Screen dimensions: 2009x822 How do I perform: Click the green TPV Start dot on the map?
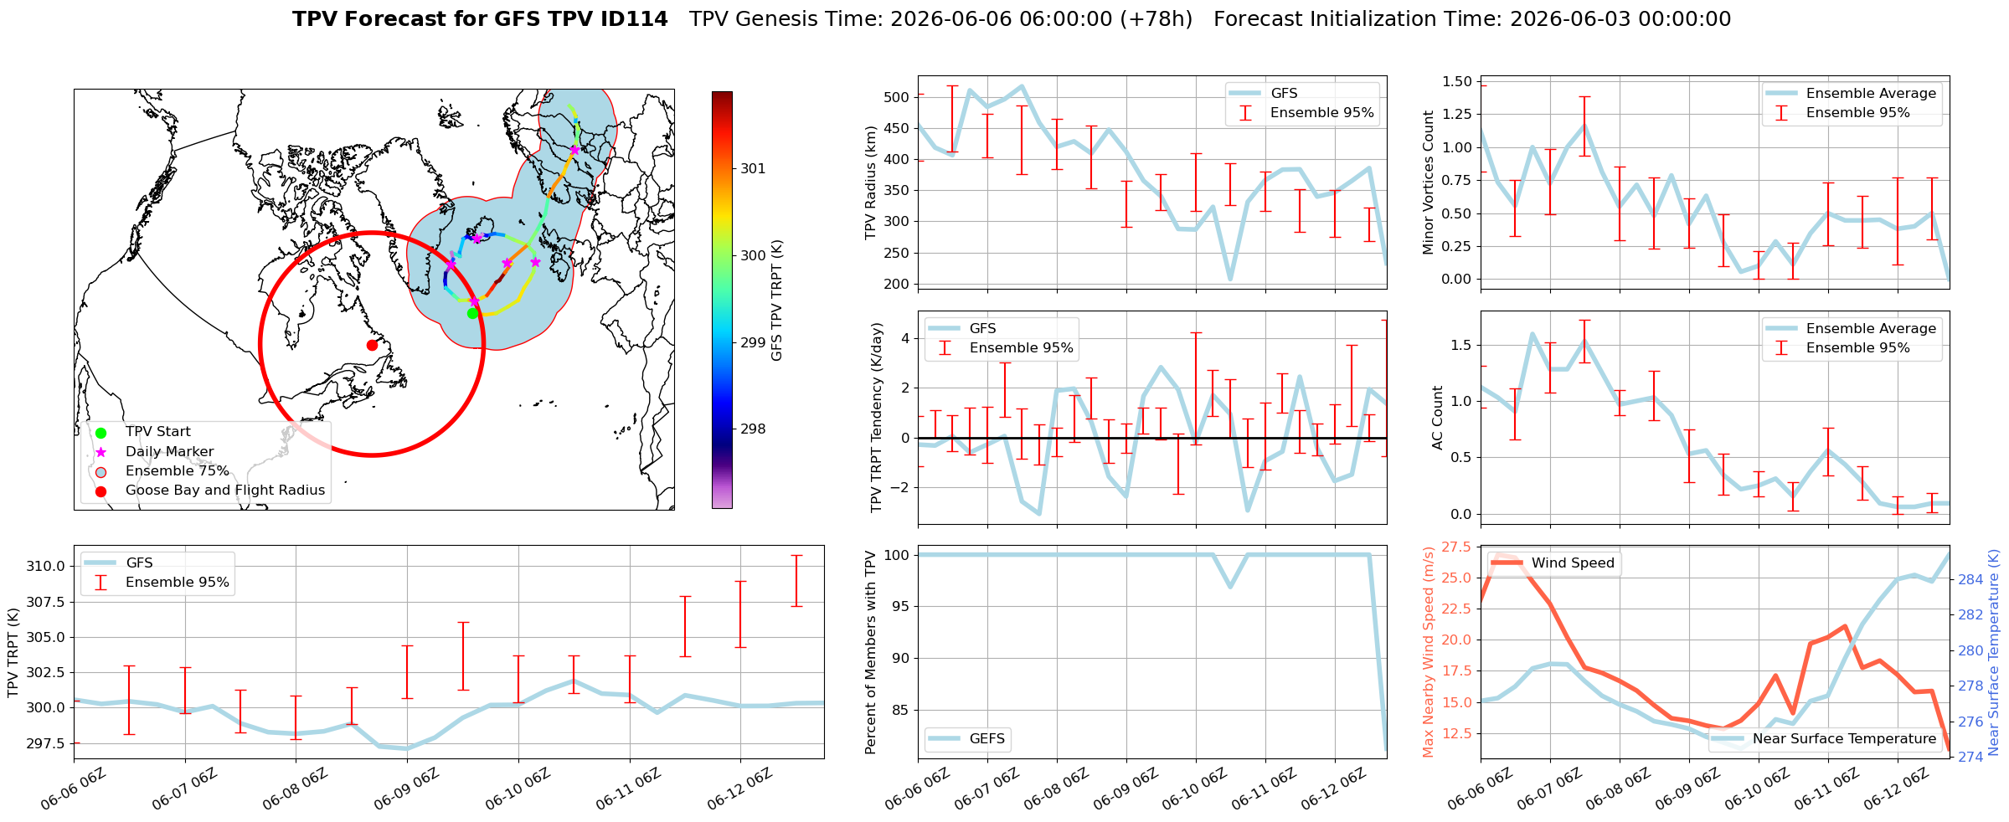point(472,313)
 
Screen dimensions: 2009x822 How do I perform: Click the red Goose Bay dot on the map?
point(372,345)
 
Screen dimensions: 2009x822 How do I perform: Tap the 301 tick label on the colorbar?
point(753,168)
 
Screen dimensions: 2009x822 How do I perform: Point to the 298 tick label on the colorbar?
point(753,429)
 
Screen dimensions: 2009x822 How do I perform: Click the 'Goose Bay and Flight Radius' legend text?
point(225,490)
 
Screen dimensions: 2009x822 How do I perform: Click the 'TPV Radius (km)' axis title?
point(871,182)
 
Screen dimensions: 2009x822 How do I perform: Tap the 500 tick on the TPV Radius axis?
point(896,97)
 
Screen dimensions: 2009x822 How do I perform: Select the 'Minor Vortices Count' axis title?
point(1429,182)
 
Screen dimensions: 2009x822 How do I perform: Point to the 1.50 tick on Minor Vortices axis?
point(1457,81)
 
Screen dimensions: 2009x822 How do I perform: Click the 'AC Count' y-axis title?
point(1438,418)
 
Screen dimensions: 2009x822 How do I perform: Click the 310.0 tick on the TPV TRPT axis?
point(47,566)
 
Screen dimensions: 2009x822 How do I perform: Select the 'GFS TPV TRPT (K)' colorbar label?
point(777,301)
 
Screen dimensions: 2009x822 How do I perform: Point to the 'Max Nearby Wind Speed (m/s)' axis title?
point(1429,652)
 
